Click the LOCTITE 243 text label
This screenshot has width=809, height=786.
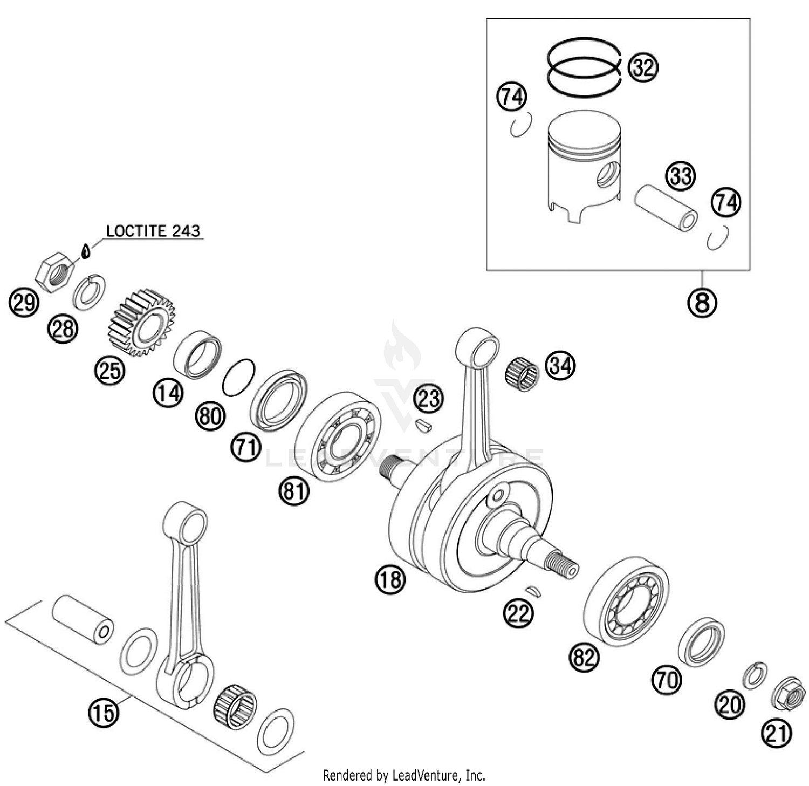coord(153,231)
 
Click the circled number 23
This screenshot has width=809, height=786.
coord(429,399)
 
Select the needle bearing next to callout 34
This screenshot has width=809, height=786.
coord(523,372)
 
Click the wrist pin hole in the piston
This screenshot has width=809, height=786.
coord(609,175)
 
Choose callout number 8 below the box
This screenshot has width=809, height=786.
coord(702,302)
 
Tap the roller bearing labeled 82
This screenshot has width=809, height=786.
coord(627,602)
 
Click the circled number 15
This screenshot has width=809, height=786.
coord(103,712)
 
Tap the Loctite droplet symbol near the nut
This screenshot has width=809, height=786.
coord(84,250)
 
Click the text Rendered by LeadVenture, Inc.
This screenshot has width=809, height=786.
coord(404,776)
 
